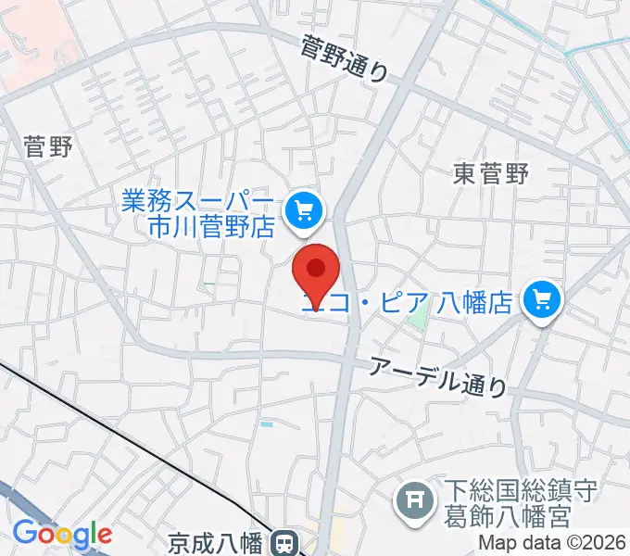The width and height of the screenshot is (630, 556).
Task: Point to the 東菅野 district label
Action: point(490,173)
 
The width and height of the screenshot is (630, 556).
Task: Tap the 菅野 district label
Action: point(48,145)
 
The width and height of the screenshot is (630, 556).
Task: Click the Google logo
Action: point(62,533)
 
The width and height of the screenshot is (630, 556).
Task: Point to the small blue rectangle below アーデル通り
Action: point(267,423)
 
